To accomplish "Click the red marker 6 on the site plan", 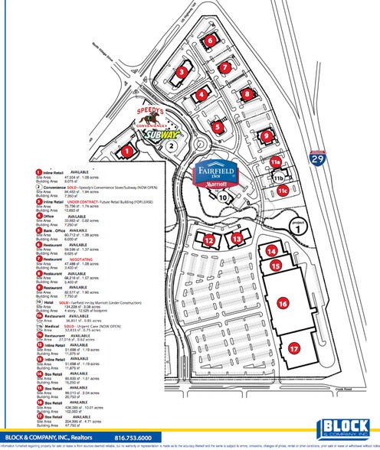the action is coord(209,41).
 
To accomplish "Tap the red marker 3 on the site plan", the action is coord(182,71).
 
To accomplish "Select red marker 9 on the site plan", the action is coord(267,136).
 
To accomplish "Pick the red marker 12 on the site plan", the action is coord(209,240).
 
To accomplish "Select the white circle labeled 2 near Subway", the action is coord(172,144).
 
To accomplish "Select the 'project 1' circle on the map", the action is coord(296,228).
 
